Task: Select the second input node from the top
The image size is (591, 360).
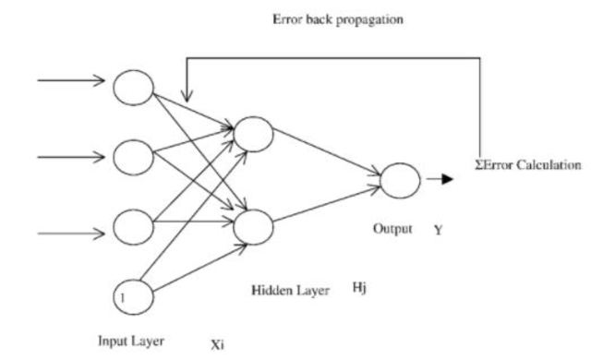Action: click(x=131, y=155)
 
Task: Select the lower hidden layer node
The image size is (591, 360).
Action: click(x=254, y=224)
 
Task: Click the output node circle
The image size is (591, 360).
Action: click(x=399, y=178)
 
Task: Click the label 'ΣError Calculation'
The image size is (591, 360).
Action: click(x=528, y=165)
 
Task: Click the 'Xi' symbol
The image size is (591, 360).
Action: click(x=217, y=346)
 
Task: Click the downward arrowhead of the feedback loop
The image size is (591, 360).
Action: click(x=187, y=97)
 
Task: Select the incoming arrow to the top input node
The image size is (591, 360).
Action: click(x=72, y=80)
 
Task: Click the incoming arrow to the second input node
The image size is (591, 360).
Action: click(x=72, y=155)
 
